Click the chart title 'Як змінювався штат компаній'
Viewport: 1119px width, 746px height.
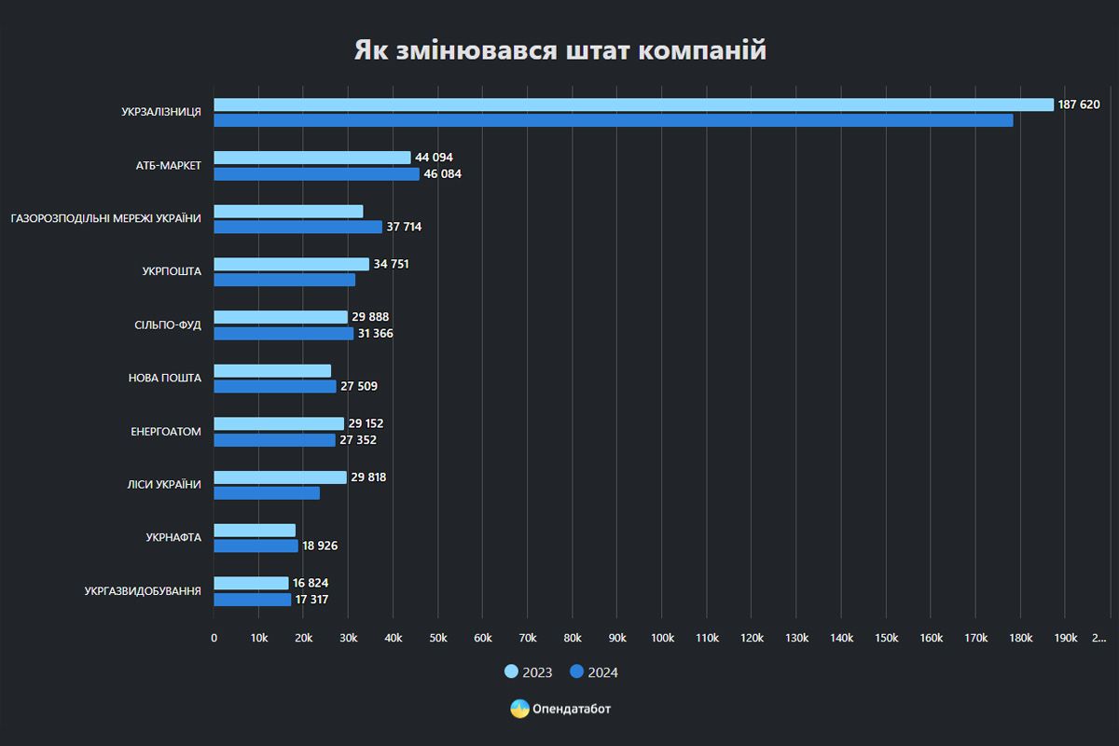pyautogui.click(x=559, y=50)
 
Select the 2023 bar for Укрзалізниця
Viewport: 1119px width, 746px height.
pyautogui.click(x=633, y=104)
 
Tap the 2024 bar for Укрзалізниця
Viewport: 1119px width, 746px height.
pyautogui.click(x=613, y=120)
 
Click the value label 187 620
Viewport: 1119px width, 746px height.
pyautogui.click(x=1079, y=104)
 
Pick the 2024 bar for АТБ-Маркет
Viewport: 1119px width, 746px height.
pyautogui.click(x=316, y=173)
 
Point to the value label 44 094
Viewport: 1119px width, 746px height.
pyautogui.click(x=434, y=158)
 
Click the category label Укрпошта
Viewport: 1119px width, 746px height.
pyautogui.click(x=172, y=271)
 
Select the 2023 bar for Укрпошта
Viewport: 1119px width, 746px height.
pyautogui.click(x=291, y=264)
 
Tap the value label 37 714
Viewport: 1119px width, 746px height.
pyautogui.click(x=405, y=227)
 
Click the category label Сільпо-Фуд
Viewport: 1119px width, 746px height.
pyautogui.click(x=168, y=325)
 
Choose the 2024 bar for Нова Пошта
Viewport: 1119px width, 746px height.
pyautogui.click(x=274, y=386)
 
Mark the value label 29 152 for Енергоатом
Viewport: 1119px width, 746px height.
pyautogui.click(x=366, y=423)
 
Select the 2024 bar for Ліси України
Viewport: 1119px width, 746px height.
pyautogui.click(x=267, y=492)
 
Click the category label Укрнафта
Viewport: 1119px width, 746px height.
pyautogui.click(x=173, y=537)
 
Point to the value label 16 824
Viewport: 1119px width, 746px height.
pyautogui.click(x=311, y=583)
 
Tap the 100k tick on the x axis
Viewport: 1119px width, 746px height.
pyautogui.click(x=662, y=638)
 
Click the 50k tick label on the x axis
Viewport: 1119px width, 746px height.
pyautogui.click(x=437, y=638)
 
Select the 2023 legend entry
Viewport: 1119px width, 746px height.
pyautogui.click(x=529, y=672)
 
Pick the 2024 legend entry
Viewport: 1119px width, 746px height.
pyautogui.click(x=594, y=672)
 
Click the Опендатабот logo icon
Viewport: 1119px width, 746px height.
pyautogui.click(x=519, y=709)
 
